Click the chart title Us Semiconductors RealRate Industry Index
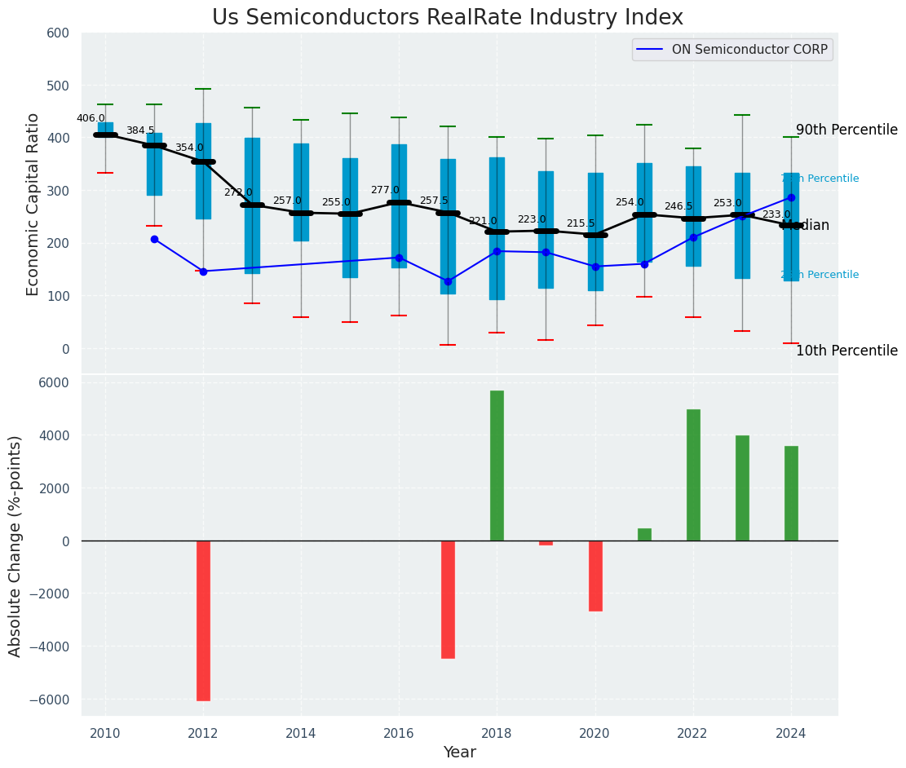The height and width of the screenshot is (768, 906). tap(447, 18)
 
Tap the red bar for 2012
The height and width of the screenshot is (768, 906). tap(203, 620)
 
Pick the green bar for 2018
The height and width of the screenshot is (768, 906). tap(497, 466)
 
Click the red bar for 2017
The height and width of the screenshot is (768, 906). tap(448, 599)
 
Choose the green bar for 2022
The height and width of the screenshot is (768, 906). tap(693, 474)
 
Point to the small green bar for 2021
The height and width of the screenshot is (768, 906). tap(644, 535)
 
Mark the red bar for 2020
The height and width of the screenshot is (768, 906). tap(595, 576)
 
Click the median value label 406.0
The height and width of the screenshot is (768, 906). tap(91, 118)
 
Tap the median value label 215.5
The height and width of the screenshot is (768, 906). tap(581, 223)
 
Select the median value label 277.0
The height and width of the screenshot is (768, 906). tap(385, 190)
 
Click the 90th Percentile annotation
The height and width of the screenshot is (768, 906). tap(846, 130)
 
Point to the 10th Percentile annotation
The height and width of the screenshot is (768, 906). tap(846, 351)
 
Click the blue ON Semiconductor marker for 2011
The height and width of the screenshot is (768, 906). tap(154, 239)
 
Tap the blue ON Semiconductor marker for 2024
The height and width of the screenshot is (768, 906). tap(791, 197)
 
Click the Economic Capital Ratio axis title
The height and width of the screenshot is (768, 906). tap(33, 204)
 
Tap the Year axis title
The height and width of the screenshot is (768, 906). tap(460, 753)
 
